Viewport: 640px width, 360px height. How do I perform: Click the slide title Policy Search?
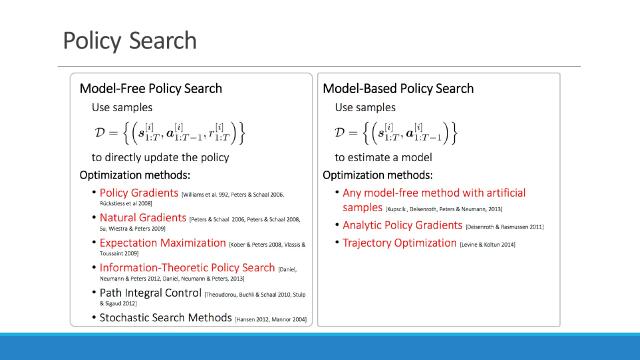[129, 41]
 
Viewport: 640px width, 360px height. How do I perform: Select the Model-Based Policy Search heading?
[398, 89]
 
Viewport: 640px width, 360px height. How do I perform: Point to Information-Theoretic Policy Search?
[186, 267]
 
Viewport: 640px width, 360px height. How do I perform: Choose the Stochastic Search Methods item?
[165, 317]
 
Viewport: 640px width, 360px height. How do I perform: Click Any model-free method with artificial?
[434, 192]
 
